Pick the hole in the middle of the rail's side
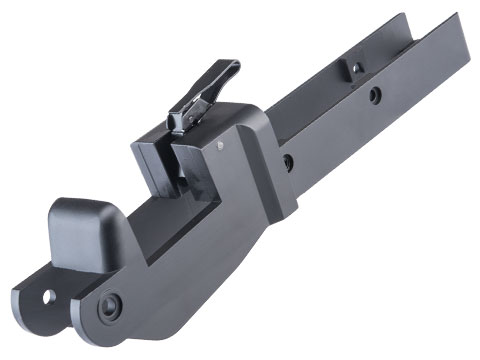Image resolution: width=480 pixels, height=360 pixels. [x=374, y=97]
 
